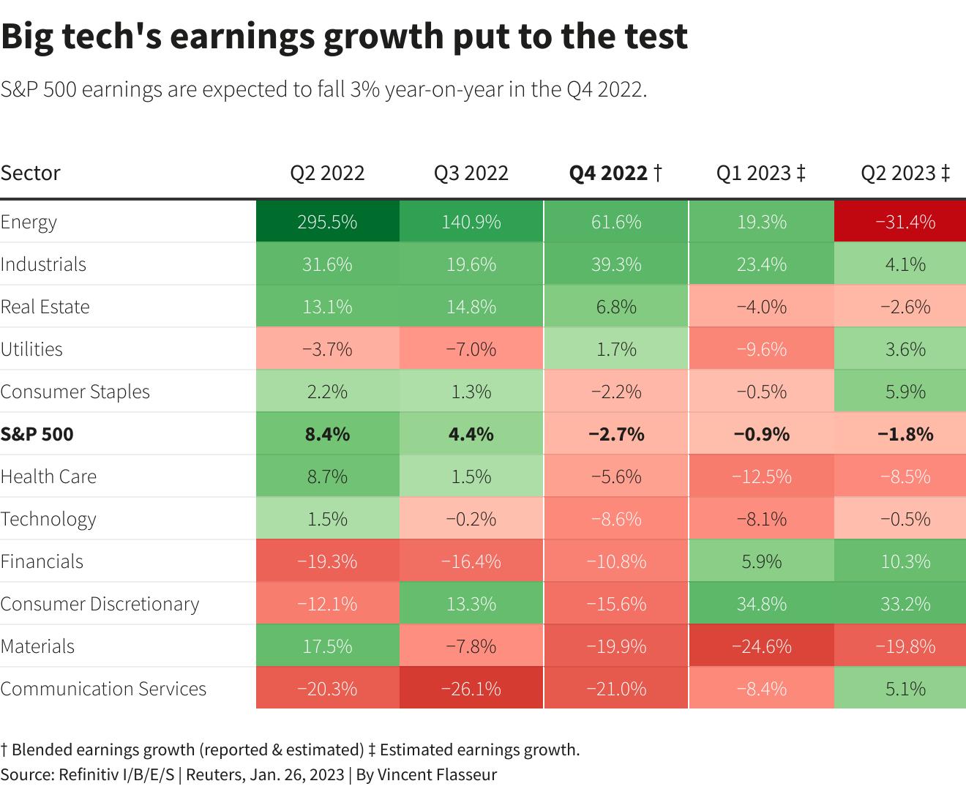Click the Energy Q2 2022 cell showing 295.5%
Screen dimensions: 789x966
click(327, 222)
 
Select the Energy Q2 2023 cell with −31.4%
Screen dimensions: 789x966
click(906, 222)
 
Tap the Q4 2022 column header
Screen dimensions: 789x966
click(615, 173)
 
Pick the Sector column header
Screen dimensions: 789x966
click(31, 173)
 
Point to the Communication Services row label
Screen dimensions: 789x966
click(103, 689)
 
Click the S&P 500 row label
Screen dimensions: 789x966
click(37, 434)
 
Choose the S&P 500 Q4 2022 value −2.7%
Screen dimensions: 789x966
click(616, 434)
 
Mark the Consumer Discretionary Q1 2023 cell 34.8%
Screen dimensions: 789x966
click(761, 604)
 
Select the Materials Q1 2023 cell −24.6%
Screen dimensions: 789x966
click(761, 646)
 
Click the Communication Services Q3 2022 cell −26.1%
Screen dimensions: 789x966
click(471, 689)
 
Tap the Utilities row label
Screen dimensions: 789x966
click(31, 349)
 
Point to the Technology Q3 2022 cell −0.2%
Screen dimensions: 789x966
click(471, 519)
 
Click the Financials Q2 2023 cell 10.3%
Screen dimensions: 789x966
click(906, 561)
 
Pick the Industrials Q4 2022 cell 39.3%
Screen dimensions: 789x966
click(616, 264)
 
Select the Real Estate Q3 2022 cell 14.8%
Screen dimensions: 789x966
click(471, 307)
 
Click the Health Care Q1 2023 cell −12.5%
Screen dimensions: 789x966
click(761, 476)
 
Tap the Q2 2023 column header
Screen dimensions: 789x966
click(905, 173)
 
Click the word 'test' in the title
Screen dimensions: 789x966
click(654, 37)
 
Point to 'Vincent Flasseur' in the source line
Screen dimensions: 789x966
click(437, 774)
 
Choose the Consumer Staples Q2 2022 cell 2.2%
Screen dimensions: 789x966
click(327, 392)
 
